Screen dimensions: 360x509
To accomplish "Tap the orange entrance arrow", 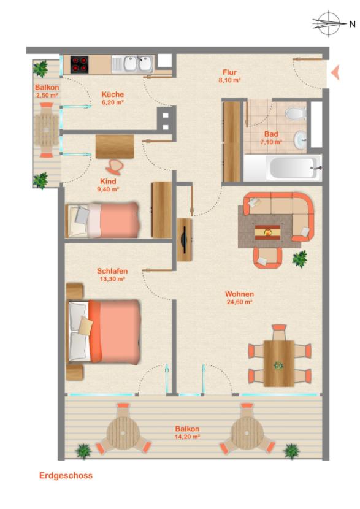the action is (335, 72).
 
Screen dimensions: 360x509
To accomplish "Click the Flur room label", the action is (229, 72).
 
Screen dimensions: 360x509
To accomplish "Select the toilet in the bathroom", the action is (296, 113).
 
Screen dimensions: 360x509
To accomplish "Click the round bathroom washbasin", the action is (300, 140).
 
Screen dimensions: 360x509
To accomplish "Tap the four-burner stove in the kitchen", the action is (80, 64).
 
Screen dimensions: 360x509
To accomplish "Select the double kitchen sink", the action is (132, 64).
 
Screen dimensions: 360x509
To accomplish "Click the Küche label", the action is (113, 94).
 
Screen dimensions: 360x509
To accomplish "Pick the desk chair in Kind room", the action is (115, 166).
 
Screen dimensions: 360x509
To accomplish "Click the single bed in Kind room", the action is (103, 220).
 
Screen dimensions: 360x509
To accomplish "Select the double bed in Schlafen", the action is (104, 331).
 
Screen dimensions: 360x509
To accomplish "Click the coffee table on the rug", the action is (268, 232).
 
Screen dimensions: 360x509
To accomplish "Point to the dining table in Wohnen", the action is (279, 363).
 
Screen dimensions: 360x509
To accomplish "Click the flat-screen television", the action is (185, 240).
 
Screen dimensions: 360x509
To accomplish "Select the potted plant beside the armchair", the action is (299, 259).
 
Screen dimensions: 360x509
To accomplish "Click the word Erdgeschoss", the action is (66, 475).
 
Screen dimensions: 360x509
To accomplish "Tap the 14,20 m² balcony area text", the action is (187, 437).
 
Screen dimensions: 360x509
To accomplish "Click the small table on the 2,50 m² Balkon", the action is (47, 130).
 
